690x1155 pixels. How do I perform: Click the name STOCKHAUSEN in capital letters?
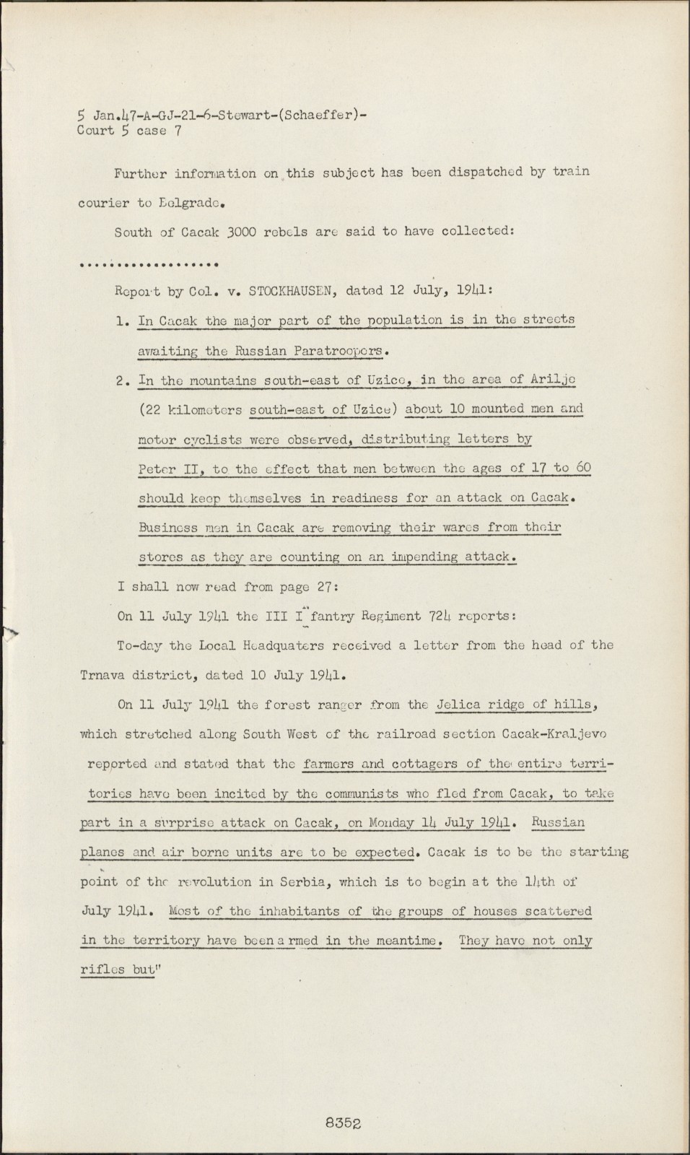[x=289, y=292]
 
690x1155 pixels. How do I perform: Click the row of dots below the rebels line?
[x=149, y=263]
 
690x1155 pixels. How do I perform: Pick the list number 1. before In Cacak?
[x=122, y=321]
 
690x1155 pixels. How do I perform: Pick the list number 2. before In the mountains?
[x=122, y=380]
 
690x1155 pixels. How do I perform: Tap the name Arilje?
[x=554, y=380]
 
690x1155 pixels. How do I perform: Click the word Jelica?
[x=458, y=705]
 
